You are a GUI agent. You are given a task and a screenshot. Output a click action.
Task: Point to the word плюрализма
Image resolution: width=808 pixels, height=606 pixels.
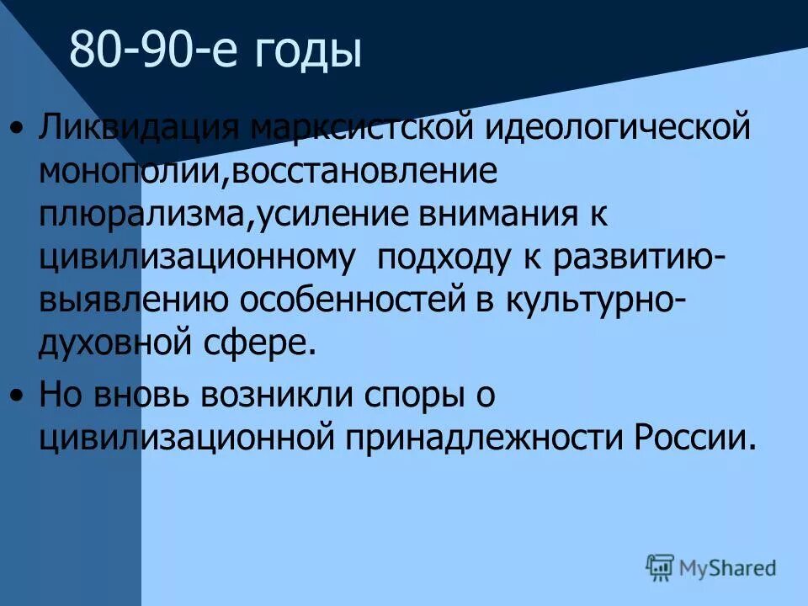tap(141, 216)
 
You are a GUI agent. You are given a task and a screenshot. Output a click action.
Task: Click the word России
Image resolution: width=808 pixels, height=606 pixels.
tap(691, 439)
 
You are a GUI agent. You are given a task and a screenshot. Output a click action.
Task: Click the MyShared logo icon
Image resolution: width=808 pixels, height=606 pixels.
tap(661, 566)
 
